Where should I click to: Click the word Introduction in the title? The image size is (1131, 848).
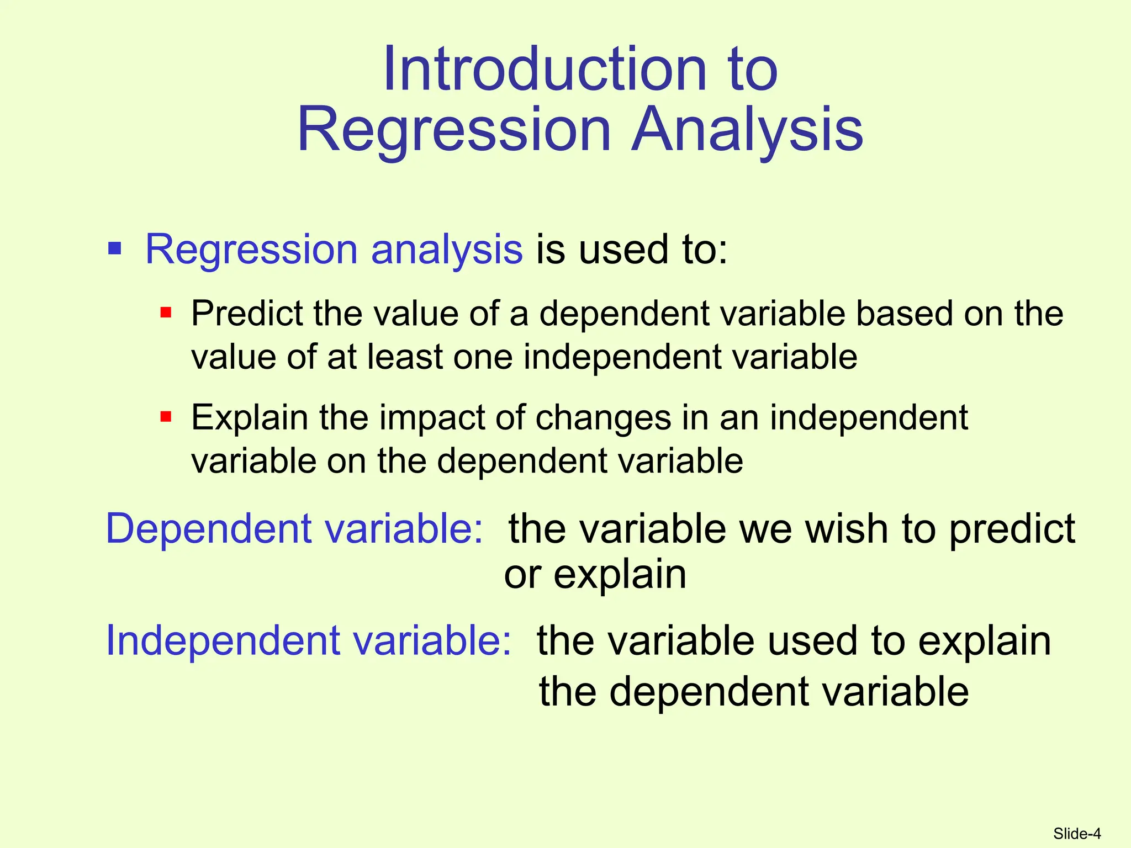click(545, 70)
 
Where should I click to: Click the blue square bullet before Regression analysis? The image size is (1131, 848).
click(115, 248)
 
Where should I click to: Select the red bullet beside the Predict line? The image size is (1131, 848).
click(166, 313)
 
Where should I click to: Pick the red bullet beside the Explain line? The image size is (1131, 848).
click(166, 416)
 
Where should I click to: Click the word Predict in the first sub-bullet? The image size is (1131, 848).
click(246, 314)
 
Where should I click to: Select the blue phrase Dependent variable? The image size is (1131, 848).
click(294, 528)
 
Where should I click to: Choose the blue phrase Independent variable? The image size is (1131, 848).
click(308, 640)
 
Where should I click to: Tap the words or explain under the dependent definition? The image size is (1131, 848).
click(595, 574)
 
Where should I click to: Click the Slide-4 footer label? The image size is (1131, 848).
click(1076, 833)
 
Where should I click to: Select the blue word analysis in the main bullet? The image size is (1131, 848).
click(446, 250)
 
